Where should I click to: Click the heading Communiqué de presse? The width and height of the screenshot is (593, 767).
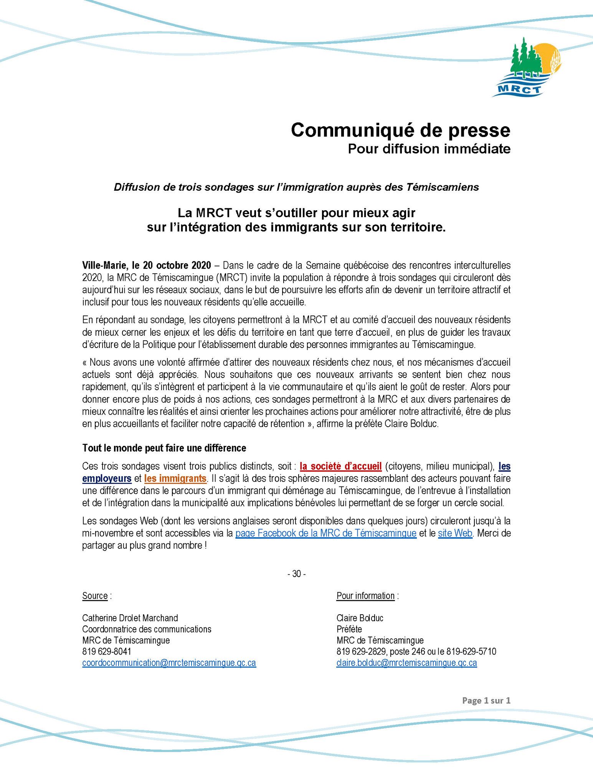tap(400, 130)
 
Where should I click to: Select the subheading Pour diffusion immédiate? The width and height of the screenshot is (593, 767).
tap(429, 149)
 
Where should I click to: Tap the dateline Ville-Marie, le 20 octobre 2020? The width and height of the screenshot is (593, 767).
tap(146, 265)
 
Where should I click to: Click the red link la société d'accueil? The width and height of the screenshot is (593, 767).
tap(340, 467)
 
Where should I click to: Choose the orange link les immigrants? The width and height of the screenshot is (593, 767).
tap(175, 478)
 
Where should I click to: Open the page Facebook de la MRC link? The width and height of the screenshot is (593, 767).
tap(325, 533)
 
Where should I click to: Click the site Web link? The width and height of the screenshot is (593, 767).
tap(455, 533)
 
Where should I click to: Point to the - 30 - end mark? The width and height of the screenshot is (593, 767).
tap(296, 574)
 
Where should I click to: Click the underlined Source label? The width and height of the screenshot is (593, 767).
tap(95, 595)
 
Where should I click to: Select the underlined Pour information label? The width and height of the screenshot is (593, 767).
tap(365, 595)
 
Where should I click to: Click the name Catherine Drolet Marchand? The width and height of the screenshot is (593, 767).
tap(130, 618)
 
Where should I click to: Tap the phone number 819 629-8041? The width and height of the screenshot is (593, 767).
tap(107, 652)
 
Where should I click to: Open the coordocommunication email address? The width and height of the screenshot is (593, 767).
tap(169, 663)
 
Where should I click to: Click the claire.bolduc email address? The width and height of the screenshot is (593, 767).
tap(406, 663)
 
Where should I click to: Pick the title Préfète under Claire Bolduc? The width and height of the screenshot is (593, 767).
tap(349, 629)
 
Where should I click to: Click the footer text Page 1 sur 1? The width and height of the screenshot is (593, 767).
tap(486, 700)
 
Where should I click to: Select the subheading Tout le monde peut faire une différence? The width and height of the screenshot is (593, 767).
tap(164, 448)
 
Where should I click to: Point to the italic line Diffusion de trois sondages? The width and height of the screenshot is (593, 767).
tap(296, 187)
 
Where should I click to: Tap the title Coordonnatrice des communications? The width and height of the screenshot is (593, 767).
tap(147, 629)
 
